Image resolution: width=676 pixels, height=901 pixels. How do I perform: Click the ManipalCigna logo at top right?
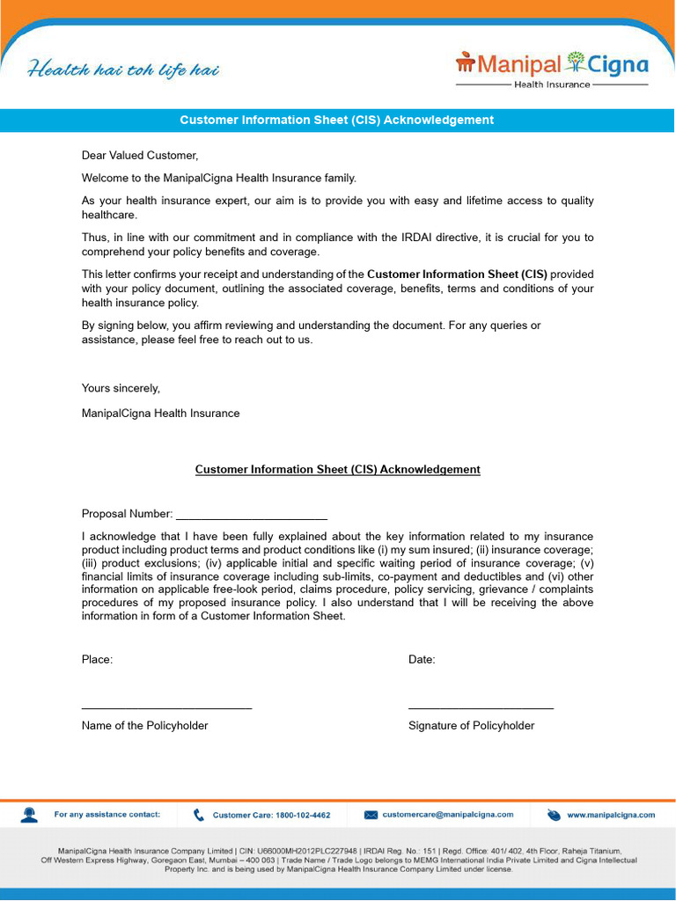[551, 69]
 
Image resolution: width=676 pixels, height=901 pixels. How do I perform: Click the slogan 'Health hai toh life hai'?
[123, 69]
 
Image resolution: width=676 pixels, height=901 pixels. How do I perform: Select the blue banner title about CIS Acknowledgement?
[337, 120]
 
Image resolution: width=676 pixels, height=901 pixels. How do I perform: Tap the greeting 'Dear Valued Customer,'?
[140, 156]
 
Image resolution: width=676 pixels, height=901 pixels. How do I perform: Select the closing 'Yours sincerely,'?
[121, 388]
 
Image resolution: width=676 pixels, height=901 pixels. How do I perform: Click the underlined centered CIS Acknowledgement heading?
[337, 470]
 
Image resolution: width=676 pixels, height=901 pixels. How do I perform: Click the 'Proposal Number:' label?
[127, 514]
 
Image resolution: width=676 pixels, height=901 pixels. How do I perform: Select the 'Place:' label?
[97, 660]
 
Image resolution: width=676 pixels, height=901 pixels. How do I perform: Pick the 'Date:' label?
[422, 660]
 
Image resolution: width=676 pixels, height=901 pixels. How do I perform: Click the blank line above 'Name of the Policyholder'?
[166, 707]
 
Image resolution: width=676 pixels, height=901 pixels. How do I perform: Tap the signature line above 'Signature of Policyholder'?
[481, 707]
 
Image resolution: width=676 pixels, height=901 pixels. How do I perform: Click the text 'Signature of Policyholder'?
[471, 726]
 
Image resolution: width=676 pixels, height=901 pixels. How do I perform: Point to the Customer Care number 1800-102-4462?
[272, 816]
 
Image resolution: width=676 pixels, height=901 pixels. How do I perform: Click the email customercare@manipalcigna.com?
[448, 815]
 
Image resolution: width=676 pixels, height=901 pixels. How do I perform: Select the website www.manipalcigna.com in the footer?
[611, 815]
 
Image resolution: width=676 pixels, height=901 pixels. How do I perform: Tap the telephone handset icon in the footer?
[199, 815]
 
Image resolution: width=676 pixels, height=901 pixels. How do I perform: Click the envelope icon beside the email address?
[371, 815]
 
